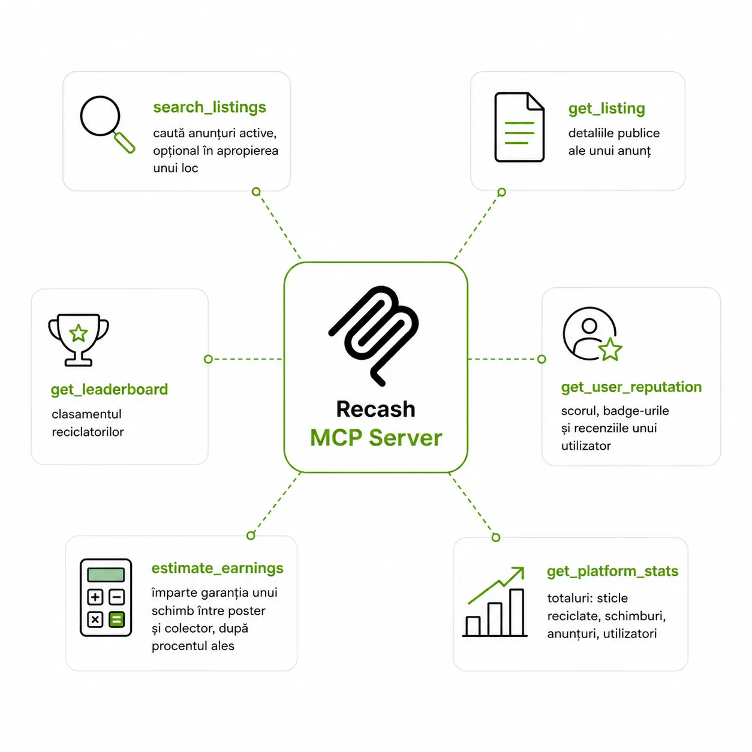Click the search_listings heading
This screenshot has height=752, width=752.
tap(209, 107)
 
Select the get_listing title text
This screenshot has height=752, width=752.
tap(606, 109)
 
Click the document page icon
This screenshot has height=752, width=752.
tap(519, 127)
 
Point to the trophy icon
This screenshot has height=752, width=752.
tap(79, 339)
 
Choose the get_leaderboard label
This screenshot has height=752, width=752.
tap(109, 389)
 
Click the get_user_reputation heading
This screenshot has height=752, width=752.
tap(631, 387)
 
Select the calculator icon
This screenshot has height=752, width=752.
tap(106, 597)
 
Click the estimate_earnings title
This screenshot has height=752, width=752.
tap(217, 568)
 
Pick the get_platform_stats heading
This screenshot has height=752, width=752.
tap(612, 571)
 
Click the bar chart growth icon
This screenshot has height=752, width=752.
tap(495, 601)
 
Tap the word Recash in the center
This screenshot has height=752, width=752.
tap(375, 409)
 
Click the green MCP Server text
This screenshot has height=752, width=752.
tap(376, 437)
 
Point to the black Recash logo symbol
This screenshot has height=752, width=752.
tap(374, 336)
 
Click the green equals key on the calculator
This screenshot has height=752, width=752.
tap(116, 619)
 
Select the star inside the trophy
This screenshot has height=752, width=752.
tap(79, 333)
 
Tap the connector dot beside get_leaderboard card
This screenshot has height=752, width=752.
tap(209, 359)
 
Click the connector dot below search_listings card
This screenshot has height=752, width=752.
tap(256, 192)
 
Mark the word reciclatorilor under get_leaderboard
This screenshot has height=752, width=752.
tap(88, 432)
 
